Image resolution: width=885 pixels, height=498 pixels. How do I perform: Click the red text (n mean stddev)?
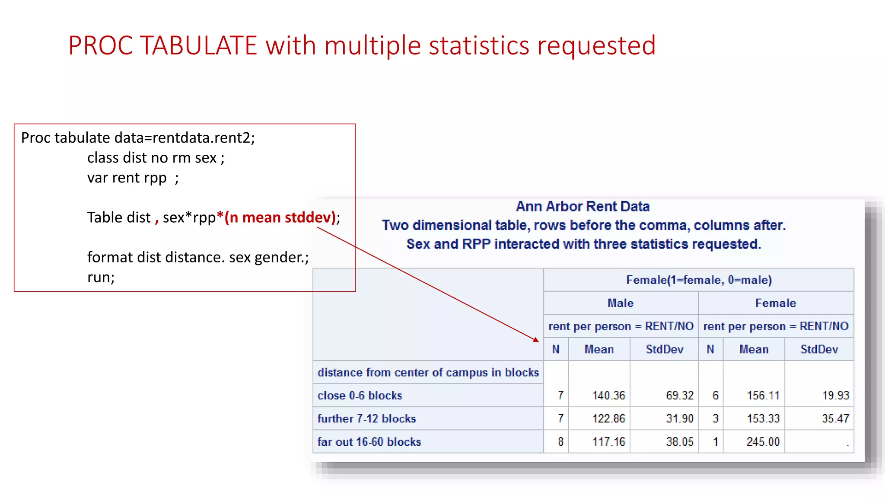[x=280, y=217]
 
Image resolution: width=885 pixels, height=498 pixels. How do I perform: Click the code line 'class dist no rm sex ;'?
[x=156, y=158]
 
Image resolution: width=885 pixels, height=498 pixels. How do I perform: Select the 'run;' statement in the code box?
[x=101, y=277]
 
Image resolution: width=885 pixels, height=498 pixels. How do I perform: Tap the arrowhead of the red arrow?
[x=536, y=340]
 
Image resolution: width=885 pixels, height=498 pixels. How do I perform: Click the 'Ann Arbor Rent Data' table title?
[x=583, y=207]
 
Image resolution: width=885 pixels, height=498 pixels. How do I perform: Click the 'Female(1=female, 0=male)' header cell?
[x=698, y=280]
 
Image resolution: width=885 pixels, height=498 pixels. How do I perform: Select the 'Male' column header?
[x=621, y=303]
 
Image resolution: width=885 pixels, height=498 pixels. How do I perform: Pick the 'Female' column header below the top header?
[x=775, y=303]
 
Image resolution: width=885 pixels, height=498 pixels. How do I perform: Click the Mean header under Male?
[x=599, y=349]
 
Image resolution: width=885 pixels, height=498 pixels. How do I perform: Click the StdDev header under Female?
[x=819, y=349]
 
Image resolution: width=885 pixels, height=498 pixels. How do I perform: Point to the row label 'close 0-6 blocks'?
[x=360, y=396]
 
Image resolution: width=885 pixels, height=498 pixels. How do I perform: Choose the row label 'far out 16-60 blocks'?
[x=369, y=442]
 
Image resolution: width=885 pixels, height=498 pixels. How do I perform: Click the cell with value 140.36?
[x=608, y=396]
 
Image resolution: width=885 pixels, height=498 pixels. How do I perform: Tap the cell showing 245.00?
[x=763, y=442]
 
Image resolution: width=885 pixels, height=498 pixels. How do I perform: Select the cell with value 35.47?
[x=835, y=418]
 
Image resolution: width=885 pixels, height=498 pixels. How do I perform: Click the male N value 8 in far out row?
[x=560, y=442]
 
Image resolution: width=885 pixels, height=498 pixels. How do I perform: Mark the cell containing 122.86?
[x=608, y=418]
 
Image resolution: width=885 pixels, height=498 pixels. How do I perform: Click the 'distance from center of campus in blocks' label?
[x=428, y=373]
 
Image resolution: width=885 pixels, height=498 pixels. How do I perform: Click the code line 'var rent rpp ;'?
[x=133, y=178]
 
